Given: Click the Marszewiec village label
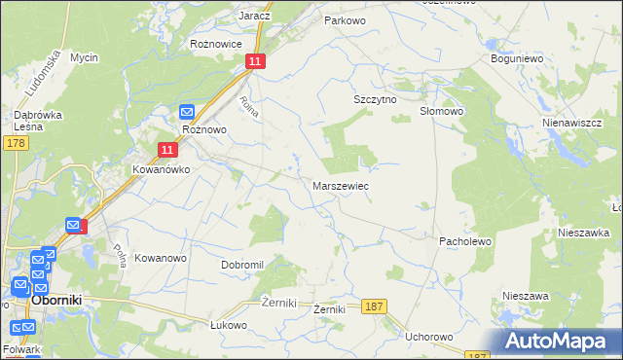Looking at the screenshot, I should [x=340, y=185].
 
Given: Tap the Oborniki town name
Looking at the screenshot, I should [x=62, y=301].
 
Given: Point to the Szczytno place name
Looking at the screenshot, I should [x=372, y=99].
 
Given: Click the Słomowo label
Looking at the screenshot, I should [x=441, y=111].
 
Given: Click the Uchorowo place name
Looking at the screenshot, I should [x=429, y=337].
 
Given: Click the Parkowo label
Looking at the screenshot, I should [x=345, y=19].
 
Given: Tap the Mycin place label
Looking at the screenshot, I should [x=84, y=57].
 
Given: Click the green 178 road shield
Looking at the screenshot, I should [x=15, y=143].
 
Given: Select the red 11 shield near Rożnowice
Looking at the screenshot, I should [x=254, y=61].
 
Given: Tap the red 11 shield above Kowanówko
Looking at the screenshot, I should [x=167, y=149].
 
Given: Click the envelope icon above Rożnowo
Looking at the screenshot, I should [x=187, y=112].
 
